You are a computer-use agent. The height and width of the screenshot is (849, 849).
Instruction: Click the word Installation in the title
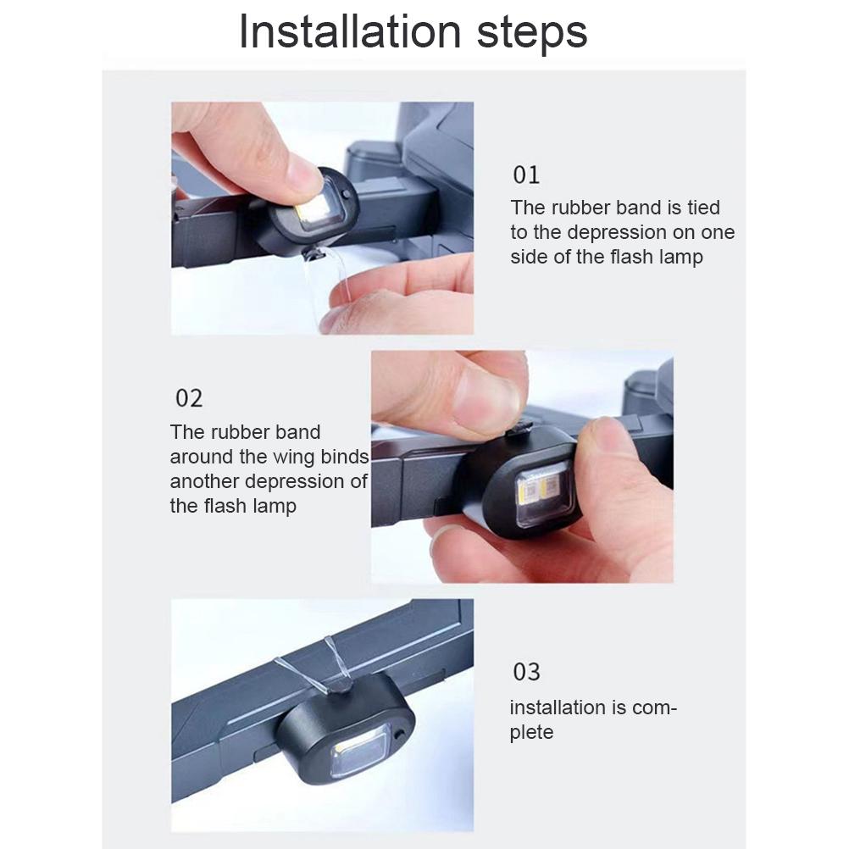[x=350, y=31]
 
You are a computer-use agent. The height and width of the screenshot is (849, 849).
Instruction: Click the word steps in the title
[x=532, y=34]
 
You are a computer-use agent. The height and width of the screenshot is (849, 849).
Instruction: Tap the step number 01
[x=526, y=175]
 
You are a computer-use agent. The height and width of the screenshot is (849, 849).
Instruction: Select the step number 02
[x=189, y=398]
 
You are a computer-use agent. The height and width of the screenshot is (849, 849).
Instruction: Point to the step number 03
[x=526, y=672]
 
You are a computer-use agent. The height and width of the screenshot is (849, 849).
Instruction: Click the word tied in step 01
[x=704, y=208]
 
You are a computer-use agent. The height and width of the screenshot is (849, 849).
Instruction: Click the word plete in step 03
[x=532, y=733]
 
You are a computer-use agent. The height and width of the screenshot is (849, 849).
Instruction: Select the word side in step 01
[x=530, y=257]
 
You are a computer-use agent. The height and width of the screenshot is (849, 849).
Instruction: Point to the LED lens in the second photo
[x=543, y=495]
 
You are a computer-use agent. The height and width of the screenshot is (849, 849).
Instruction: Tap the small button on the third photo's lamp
[x=400, y=735]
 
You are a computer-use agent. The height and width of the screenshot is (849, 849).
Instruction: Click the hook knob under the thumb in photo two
[x=521, y=428]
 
